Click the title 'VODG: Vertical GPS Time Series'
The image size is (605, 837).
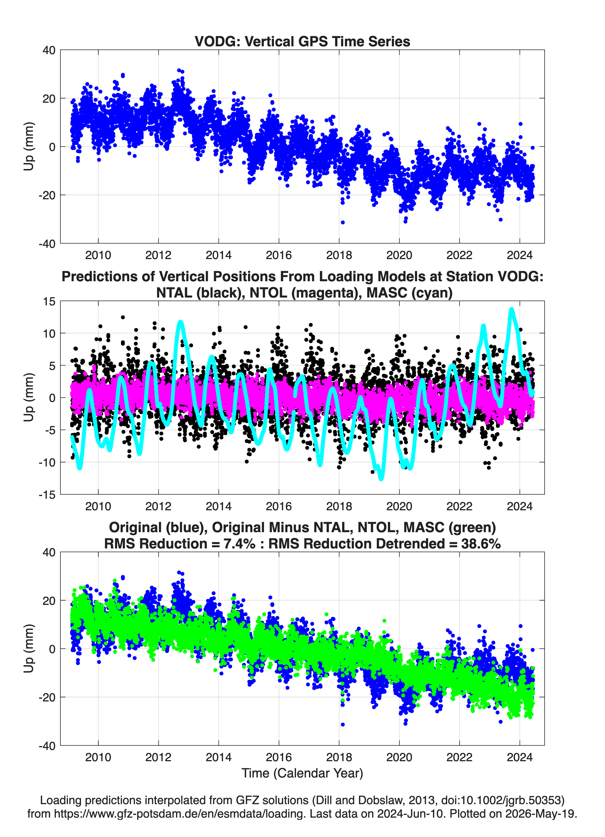coord(302,41)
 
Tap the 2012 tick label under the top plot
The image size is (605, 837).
coord(158,255)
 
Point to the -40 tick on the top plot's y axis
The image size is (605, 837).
coord(47,244)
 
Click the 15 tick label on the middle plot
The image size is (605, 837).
coord(49,301)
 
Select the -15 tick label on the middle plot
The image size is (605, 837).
coord(47,495)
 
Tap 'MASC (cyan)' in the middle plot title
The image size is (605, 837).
coord(409,293)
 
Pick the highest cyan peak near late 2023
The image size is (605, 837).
coord(511,309)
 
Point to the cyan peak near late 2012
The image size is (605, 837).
coord(181,322)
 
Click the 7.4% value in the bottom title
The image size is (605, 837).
coord(239,544)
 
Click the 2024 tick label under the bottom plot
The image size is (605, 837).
coord(519,757)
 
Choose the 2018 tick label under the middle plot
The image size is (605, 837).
coord(339,506)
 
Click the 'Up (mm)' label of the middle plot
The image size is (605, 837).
coord(29,397)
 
